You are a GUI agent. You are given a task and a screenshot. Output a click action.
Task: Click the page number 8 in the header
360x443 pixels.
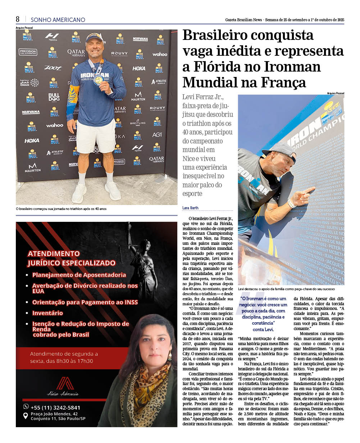(x=18, y=19)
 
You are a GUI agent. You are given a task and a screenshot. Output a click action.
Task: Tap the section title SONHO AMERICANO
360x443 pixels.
(x=58, y=20)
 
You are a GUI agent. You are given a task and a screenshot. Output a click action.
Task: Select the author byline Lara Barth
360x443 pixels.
(x=190, y=208)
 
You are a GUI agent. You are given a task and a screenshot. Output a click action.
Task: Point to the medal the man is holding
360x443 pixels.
(x=98, y=80)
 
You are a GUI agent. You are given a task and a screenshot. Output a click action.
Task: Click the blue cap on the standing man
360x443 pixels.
(x=94, y=37)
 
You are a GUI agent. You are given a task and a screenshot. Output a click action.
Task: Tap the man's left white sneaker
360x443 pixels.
(x=113, y=191)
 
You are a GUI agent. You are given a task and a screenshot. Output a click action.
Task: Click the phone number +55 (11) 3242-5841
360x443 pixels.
(x=55, y=407)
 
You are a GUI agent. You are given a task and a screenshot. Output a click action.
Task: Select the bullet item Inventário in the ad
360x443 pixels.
(x=47, y=313)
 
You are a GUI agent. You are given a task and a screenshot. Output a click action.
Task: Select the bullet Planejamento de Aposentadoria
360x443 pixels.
(x=79, y=275)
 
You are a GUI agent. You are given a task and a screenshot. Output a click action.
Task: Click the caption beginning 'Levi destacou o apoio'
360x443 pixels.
(x=286, y=289)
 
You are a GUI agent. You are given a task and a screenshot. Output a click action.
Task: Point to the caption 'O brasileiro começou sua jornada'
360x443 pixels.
(x=61, y=209)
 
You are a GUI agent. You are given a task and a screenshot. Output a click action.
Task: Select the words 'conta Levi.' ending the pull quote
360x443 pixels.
(x=263, y=329)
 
